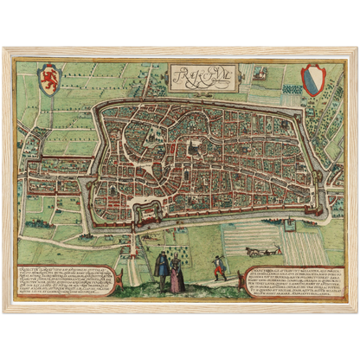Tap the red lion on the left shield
pos(51,77)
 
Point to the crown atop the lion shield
pos(51,64)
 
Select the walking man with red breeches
pos(220,270)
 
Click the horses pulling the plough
pos(254,250)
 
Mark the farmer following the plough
pos(274,251)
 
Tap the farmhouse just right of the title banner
pos(259,74)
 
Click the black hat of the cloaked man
pos(163,254)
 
